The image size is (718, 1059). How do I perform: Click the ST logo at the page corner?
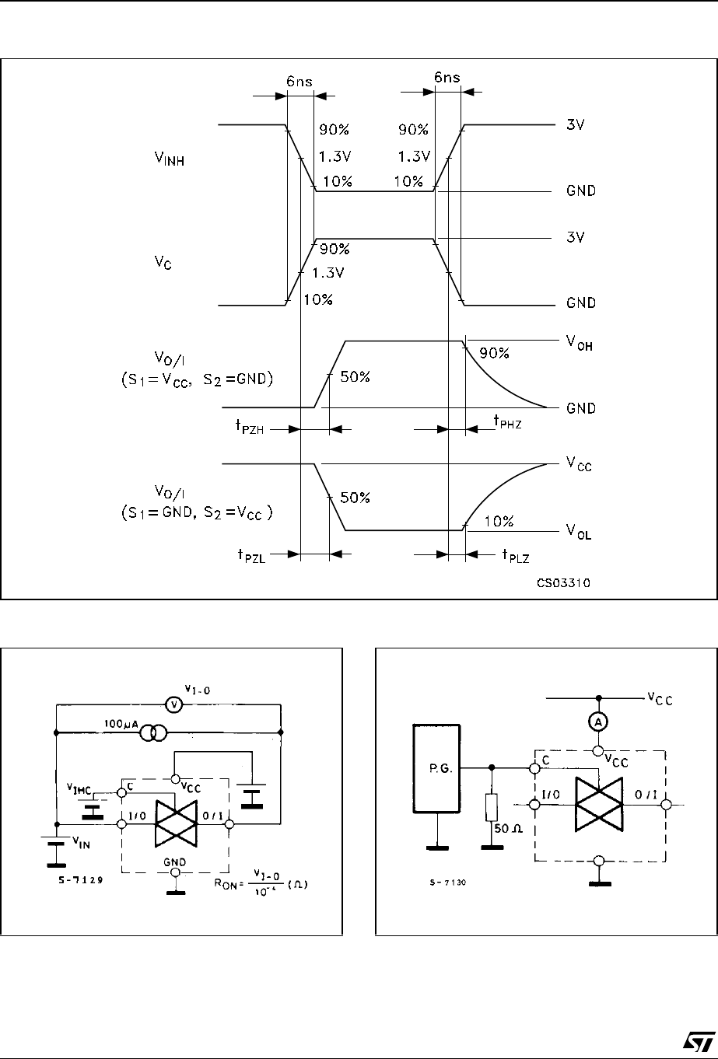point(688,1041)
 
